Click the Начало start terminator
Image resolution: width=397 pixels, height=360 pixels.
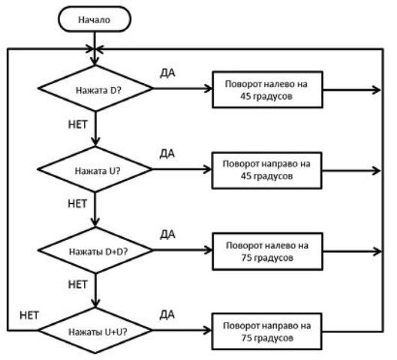pyautogui.click(x=95, y=19)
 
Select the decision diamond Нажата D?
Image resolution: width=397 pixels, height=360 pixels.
pyautogui.click(x=95, y=88)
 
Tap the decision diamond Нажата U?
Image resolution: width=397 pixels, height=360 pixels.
pyautogui.click(x=95, y=169)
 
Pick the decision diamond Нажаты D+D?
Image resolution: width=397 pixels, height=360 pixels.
pyautogui.click(x=95, y=250)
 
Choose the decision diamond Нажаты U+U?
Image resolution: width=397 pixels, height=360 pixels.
pyautogui.click(x=95, y=331)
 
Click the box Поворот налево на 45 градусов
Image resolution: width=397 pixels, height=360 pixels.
pyautogui.click(x=267, y=90)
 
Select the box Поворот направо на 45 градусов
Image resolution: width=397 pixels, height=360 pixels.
pyautogui.click(x=267, y=170)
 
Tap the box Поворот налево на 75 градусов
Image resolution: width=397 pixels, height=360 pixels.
pyautogui.click(x=267, y=251)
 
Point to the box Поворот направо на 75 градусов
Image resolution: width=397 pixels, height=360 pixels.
pyautogui.click(x=267, y=331)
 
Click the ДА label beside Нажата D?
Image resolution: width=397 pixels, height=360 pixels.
pyautogui.click(x=167, y=73)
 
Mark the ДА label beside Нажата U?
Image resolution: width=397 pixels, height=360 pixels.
pyautogui.click(x=167, y=154)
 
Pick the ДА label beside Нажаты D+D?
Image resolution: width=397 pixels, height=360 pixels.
pyautogui.click(x=167, y=235)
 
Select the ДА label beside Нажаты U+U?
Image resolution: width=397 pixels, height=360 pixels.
pyautogui.click(x=167, y=315)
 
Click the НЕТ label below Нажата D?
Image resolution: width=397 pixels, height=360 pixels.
pyautogui.click(x=78, y=124)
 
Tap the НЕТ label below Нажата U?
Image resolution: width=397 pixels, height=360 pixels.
pyautogui.click(x=77, y=204)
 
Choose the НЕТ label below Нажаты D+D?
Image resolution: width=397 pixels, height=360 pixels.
pyautogui.click(x=78, y=284)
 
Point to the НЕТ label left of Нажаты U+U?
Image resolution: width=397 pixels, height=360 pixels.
pyautogui.click(x=29, y=316)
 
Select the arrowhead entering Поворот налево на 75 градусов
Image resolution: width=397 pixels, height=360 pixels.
pyautogui.click(x=209, y=250)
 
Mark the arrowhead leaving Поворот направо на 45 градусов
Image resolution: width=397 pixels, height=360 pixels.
pyautogui.click(x=377, y=171)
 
